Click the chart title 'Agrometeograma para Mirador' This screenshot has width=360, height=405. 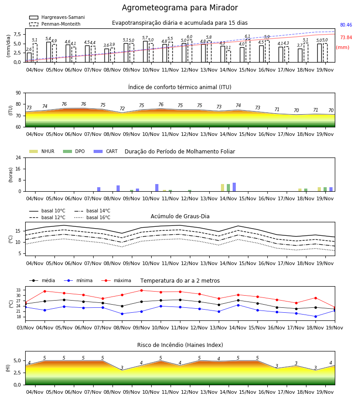point(180,8)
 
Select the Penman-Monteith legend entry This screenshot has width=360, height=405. point(55,24)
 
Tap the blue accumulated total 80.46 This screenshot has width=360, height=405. point(346,25)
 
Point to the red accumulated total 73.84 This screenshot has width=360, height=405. point(346,37)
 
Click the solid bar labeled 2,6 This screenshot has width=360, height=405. point(29,57)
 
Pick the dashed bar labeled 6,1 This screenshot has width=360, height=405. point(248,51)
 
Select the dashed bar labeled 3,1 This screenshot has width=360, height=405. point(229,56)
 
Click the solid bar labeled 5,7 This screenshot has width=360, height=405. point(145,52)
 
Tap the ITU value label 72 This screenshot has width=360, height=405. point(122,109)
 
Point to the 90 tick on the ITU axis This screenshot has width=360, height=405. point(18,93)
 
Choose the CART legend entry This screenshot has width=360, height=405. point(106,151)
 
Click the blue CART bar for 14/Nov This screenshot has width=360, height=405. point(234,187)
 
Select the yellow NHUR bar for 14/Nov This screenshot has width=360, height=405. point(223,188)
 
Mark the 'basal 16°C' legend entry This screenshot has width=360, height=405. point(92,217)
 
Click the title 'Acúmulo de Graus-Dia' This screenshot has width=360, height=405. point(180,216)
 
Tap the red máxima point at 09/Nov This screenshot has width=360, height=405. point(141,290)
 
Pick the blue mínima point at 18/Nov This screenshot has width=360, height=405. point(315,316)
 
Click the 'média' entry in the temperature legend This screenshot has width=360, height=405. point(42,280)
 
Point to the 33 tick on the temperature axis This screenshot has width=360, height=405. point(21,290)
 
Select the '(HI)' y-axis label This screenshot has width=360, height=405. point(8,368)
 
